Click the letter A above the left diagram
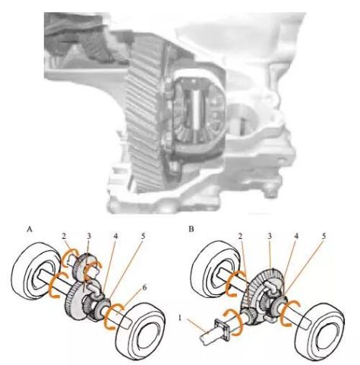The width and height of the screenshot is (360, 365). coord(30,230)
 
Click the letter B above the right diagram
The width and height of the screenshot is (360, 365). coord(191,229)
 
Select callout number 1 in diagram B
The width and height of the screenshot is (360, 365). coord(180,318)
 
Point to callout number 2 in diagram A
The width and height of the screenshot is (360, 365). coord(64,236)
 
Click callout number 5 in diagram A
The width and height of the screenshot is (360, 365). coord(143,236)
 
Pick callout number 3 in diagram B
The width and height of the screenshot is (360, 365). coord(270,236)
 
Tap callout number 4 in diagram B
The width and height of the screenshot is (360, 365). coord(296,236)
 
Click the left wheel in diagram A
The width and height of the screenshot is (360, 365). coord(35,271)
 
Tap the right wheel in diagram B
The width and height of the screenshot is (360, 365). coord(320,330)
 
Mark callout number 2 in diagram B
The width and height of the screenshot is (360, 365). coord(241,236)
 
